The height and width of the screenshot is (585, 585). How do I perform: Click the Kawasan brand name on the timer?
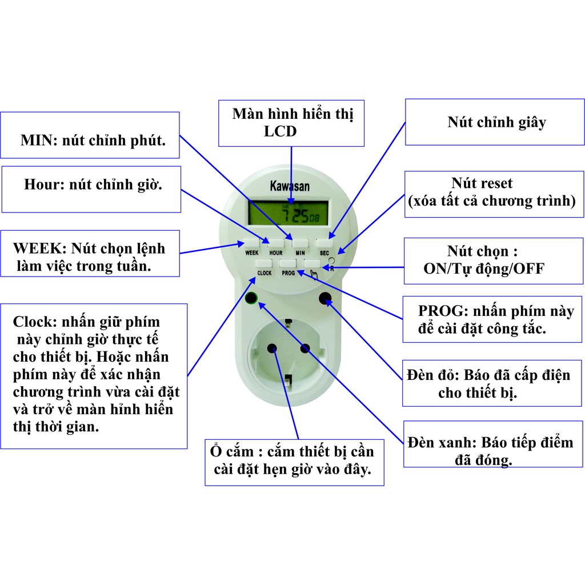tap(290, 186)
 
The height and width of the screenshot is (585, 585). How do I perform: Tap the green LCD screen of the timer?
tap(288, 213)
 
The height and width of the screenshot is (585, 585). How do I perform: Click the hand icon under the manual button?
tap(314, 275)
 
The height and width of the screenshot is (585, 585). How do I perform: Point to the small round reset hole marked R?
tap(331, 261)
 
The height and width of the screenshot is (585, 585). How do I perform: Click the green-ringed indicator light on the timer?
tap(251, 298)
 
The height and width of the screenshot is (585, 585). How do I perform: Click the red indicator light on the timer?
tap(325, 298)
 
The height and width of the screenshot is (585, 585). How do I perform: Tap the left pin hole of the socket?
tap(272, 348)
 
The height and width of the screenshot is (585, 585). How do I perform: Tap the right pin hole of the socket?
tap(305, 348)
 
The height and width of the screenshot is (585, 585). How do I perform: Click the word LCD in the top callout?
tap(280, 131)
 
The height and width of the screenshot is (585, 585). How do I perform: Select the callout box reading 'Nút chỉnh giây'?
tap(495, 122)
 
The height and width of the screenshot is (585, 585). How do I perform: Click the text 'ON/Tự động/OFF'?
tap(484, 269)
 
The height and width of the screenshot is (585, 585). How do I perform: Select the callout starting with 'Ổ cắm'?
tap(294, 463)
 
